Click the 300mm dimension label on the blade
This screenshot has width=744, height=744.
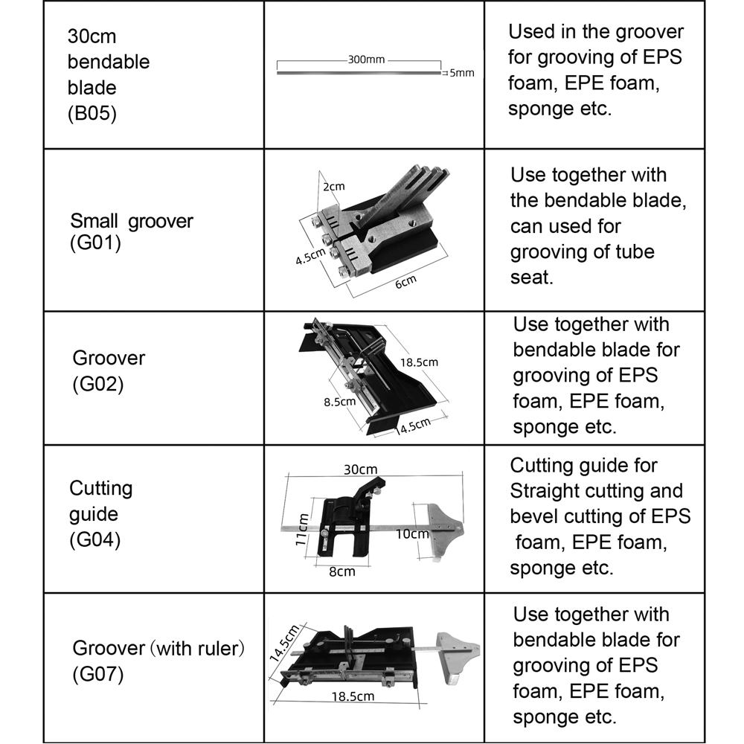point(366,60)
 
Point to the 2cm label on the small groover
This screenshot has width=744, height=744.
point(334,187)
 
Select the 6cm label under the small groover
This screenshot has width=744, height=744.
point(405,282)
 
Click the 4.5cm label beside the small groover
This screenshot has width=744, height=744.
point(310,256)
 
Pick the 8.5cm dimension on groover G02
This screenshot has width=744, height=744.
point(340,402)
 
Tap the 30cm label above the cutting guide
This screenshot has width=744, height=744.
point(361,469)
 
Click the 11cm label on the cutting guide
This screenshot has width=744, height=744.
point(301,530)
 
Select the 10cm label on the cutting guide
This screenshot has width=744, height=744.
point(412,534)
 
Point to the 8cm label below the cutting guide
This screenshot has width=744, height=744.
point(342,571)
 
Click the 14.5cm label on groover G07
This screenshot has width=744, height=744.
point(284,643)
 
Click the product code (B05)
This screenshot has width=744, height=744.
point(92,113)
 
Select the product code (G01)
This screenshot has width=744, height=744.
point(95,243)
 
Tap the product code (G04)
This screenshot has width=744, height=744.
point(95,540)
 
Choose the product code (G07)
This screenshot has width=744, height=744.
point(97,674)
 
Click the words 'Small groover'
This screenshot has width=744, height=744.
point(132,221)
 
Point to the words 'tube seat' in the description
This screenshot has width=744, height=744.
point(583,264)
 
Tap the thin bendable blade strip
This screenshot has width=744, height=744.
point(359,73)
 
